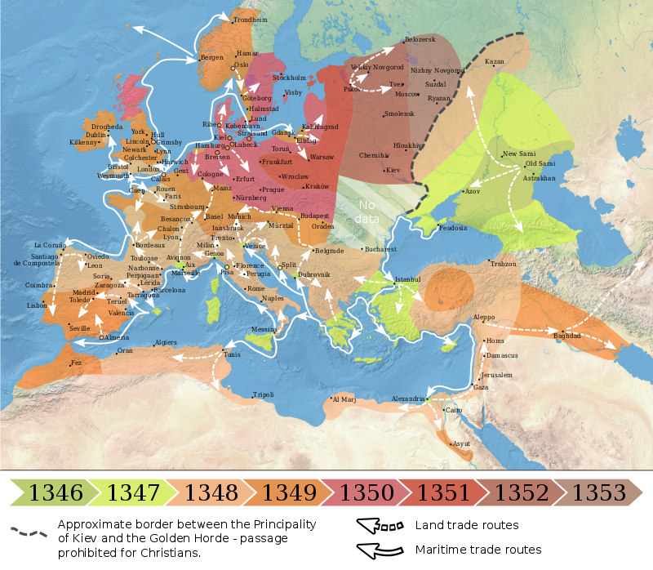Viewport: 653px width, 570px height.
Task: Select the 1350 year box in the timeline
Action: click(x=367, y=492)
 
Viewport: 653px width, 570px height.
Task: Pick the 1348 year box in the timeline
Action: click(x=211, y=492)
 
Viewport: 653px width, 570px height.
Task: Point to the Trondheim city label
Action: click(x=250, y=19)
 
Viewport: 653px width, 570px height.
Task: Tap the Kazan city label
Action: click(x=495, y=61)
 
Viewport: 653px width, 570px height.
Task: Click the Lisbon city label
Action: click(x=37, y=305)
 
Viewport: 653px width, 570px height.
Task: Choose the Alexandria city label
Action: click(x=408, y=399)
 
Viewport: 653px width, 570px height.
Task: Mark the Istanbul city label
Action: click(x=406, y=278)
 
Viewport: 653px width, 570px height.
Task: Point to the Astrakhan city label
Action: click(x=539, y=177)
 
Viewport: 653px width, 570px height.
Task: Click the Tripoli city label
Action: click(x=263, y=394)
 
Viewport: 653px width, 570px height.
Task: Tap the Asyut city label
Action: click(x=462, y=443)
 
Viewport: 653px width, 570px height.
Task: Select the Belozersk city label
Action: click(x=420, y=39)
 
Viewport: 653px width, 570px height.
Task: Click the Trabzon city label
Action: click(x=504, y=264)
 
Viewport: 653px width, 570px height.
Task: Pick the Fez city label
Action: click(x=76, y=363)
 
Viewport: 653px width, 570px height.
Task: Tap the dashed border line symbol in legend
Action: click(x=30, y=530)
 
